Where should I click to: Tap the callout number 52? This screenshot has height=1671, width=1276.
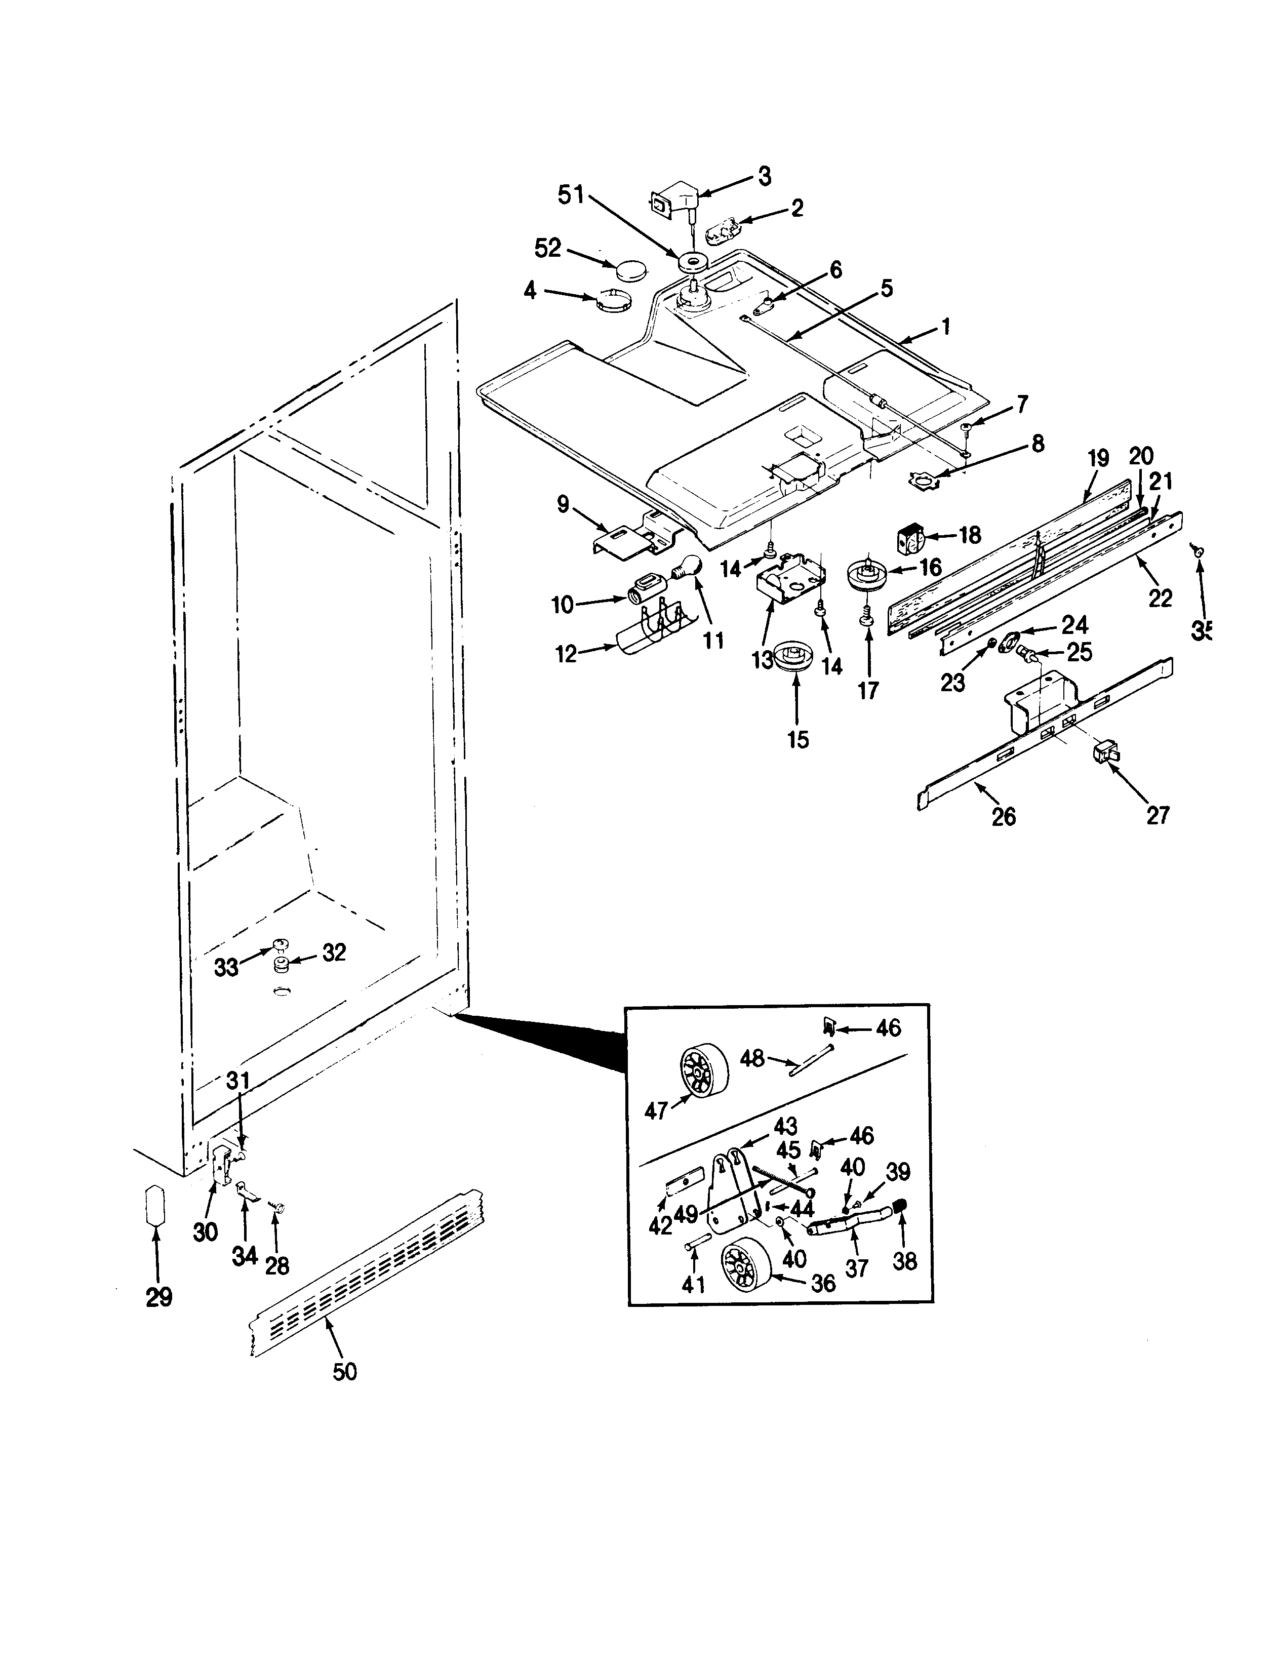click(548, 248)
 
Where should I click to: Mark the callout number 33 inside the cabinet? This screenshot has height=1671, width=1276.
click(226, 967)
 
